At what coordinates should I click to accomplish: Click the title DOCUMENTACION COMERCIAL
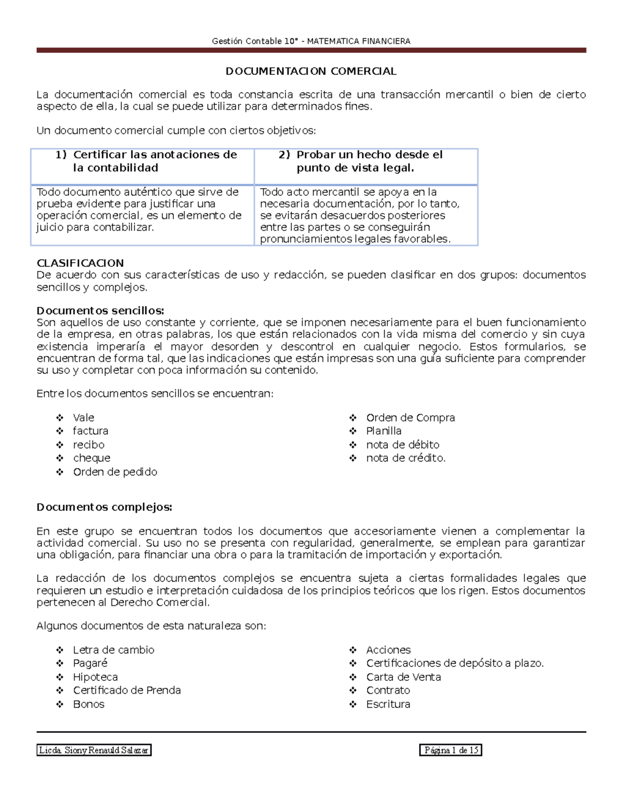(310, 71)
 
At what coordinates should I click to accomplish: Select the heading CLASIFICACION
(80, 263)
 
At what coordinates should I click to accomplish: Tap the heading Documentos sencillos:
(100, 310)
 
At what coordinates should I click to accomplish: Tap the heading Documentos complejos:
(104, 507)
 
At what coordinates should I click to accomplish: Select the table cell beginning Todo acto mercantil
(359, 215)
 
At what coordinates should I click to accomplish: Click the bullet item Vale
(84, 418)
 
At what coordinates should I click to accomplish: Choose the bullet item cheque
(91, 458)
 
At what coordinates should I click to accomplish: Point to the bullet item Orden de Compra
(410, 418)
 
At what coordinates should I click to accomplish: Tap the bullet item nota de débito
(402, 445)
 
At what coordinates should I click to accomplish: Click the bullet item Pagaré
(90, 663)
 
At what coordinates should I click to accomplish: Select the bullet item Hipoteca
(95, 677)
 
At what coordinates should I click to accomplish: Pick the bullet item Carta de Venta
(403, 677)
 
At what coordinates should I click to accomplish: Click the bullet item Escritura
(388, 704)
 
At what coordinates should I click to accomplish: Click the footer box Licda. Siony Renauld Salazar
(94, 750)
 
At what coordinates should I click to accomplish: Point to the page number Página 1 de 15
(451, 750)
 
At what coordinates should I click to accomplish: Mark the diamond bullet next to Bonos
(60, 704)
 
